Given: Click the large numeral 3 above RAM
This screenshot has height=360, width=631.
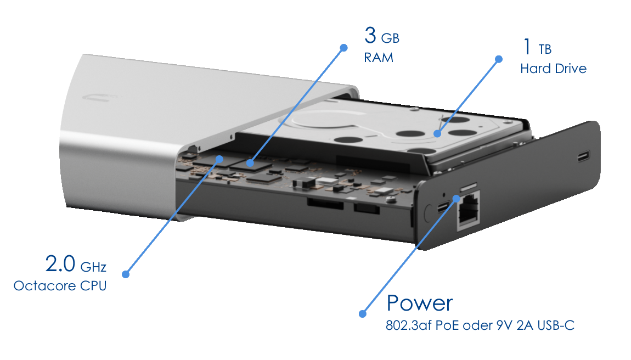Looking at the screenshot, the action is (370, 36).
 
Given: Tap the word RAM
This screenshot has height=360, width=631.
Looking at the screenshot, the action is (379, 58).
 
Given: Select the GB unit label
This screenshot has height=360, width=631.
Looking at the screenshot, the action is (390, 38).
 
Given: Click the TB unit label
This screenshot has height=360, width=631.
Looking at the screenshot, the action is (545, 49).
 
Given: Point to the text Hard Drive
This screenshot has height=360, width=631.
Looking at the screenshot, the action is (553, 69).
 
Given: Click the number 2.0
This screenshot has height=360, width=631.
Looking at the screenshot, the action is (60, 264).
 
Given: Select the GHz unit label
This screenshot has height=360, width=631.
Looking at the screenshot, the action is (93, 267).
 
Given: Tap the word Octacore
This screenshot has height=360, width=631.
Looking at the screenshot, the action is (44, 286).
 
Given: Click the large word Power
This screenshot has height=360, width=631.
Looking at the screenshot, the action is (420, 303).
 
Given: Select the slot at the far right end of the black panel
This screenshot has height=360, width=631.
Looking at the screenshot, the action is (583, 155).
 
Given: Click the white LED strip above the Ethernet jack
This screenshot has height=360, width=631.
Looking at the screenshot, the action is (469, 186).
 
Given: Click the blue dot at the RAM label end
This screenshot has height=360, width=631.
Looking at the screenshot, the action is (343, 48).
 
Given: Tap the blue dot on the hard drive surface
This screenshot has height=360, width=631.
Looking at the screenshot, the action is (437, 134).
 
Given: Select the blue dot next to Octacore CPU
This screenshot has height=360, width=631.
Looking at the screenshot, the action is (126, 274).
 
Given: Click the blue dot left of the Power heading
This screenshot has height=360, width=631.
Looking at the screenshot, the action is (363, 314).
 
